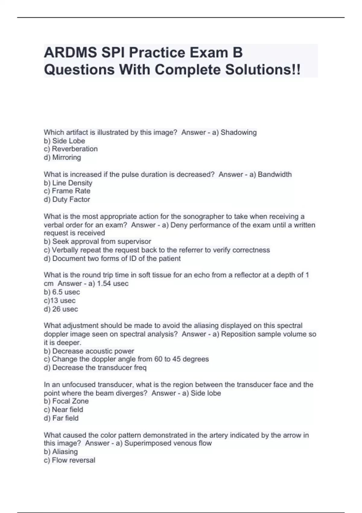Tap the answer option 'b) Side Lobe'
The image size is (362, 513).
64,141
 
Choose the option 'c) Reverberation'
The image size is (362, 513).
71,149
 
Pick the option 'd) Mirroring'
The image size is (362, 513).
62,157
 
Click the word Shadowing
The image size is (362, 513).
239,132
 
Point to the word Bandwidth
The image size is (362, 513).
275,174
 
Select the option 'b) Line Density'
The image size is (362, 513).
68,183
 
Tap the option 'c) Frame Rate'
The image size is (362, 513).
67,191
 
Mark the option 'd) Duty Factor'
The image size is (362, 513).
67,199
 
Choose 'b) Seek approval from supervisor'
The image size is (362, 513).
97,241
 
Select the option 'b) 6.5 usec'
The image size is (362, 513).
62,292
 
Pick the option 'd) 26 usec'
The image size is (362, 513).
61,309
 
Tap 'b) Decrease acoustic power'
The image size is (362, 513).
89,351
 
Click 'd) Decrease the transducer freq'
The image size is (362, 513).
95,368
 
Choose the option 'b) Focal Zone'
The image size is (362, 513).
66,401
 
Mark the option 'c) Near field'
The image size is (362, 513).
63,409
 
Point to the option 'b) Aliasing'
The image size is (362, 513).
61,452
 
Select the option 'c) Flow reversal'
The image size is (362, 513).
69,460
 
